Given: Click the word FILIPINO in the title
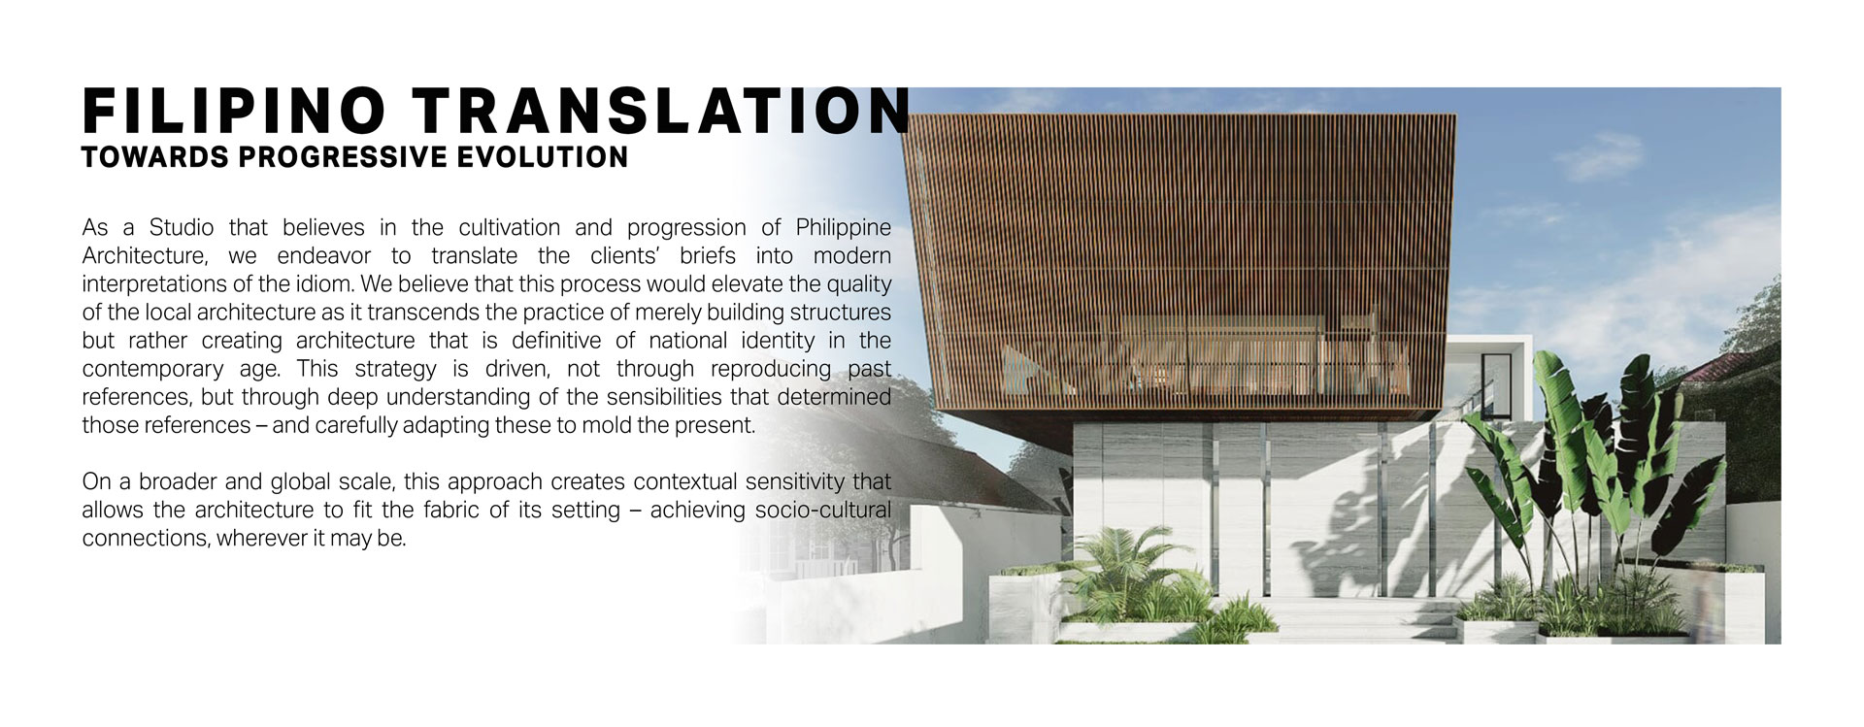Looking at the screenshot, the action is (x=235, y=112).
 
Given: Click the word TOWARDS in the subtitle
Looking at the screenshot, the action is (x=155, y=157).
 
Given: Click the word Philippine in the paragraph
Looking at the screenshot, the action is (x=843, y=228).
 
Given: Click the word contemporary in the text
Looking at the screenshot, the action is (x=153, y=370).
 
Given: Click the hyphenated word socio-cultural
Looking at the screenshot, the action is (x=822, y=510).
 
